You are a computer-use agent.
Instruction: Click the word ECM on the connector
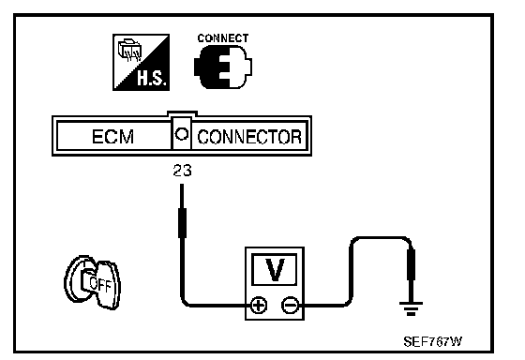click(112, 136)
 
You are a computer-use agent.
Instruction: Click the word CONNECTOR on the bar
click(249, 137)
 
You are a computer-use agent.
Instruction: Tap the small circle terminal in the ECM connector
click(182, 134)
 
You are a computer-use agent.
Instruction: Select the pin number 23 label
click(183, 171)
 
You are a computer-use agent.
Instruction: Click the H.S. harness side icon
click(141, 62)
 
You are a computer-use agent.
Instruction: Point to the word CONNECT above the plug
click(223, 38)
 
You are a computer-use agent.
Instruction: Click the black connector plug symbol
click(223, 67)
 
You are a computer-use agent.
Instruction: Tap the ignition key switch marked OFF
click(92, 282)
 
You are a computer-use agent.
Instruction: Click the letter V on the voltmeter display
click(275, 270)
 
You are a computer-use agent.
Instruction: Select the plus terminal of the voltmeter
click(259, 305)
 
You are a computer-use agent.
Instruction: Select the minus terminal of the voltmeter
click(290, 305)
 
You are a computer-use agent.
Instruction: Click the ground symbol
click(411, 308)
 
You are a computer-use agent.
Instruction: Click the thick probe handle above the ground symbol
click(411, 264)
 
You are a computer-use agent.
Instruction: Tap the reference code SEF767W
click(432, 341)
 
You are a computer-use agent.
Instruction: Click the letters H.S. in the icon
click(151, 79)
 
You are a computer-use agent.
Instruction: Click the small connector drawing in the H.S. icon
click(129, 51)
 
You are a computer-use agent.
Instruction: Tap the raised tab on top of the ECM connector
click(182, 113)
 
